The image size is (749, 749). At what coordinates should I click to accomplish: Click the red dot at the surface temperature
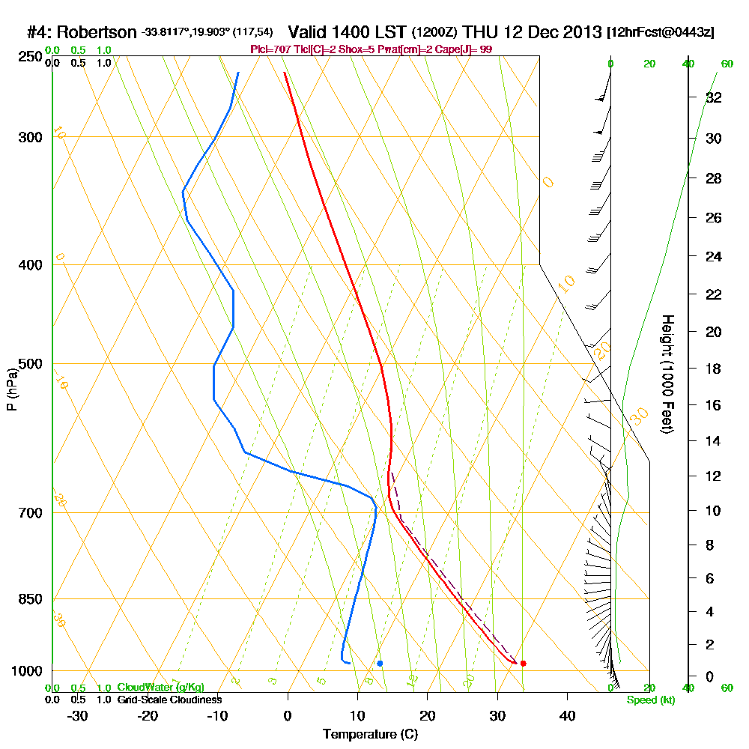click(523, 663)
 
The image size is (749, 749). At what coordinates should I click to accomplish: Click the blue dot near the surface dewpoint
click(380, 663)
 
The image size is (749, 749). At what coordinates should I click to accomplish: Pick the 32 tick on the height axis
click(714, 97)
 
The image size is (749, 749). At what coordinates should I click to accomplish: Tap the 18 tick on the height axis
click(714, 369)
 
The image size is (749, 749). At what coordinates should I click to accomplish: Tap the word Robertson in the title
click(96, 32)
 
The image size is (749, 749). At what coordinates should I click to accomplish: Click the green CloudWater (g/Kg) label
click(160, 688)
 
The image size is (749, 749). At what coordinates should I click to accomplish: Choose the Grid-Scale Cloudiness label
click(169, 700)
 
